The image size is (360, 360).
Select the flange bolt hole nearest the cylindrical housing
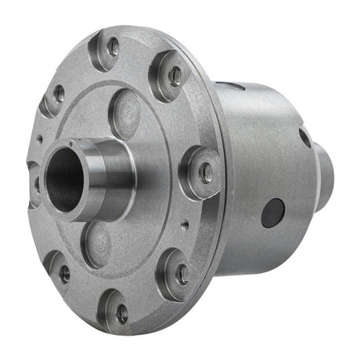click(205, 173)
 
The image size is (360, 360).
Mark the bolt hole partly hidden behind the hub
click(34, 184)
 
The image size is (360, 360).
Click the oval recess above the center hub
click(124, 114)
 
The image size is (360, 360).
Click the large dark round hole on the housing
click(272, 212)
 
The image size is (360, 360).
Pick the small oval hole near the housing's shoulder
click(304, 139)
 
